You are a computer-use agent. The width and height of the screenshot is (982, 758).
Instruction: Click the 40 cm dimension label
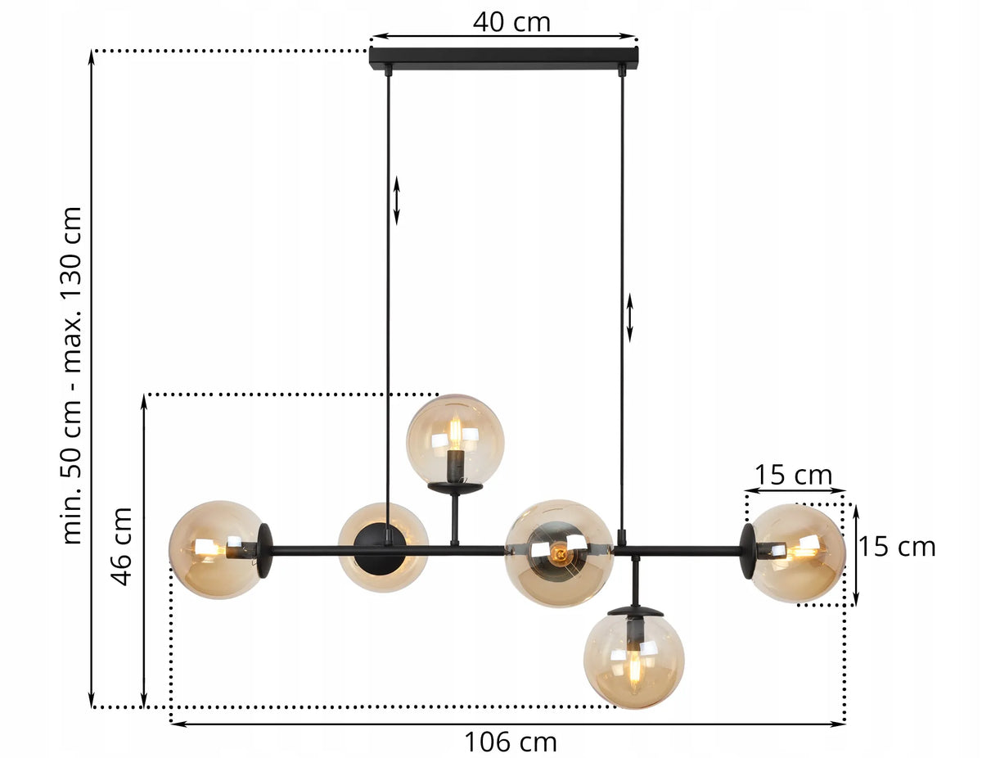tap(511, 22)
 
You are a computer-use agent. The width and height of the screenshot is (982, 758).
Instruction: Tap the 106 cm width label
tap(511, 742)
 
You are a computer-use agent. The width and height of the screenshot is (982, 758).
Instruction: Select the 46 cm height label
tap(121, 546)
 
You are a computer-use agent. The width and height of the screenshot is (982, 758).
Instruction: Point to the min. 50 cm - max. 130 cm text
tap(72, 375)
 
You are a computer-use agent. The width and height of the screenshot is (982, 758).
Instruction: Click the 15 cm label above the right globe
tap(793, 475)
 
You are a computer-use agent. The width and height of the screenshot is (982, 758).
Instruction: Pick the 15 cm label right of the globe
tap(897, 547)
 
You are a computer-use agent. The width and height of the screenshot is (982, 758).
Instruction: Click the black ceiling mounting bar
tap(504, 59)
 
